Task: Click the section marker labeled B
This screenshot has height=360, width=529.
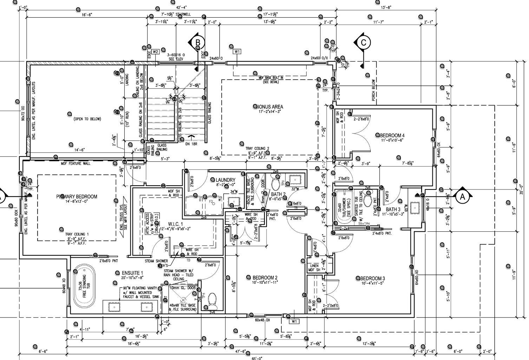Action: click(x=197, y=43)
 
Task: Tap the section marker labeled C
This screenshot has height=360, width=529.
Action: click(x=364, y=43)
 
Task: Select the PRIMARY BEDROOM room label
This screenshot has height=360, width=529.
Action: click(x=77, y=197)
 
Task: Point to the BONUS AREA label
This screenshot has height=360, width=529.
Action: click(x=269, y=107)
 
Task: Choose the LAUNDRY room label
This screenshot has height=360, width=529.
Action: click(x=225, y=180)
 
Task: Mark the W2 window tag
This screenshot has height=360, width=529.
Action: click(x=156, y=52)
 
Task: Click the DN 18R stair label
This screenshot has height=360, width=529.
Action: click(x=191, y=143)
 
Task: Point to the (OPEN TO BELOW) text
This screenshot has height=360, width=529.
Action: click(x=87, y=119)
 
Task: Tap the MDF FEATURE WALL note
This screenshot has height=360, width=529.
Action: click(x=76, y=163)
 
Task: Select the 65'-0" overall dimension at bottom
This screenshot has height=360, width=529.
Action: click(x=257, y=358)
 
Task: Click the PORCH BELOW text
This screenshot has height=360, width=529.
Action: click(x=373, y=90)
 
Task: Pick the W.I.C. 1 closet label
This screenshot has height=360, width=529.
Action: click(x=176, y=224)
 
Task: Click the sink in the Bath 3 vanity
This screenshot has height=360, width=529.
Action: click(x=415, y=208)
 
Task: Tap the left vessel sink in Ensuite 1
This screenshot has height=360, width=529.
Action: click(x=114, y=307)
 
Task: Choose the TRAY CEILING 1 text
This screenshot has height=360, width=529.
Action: click(x=77, y=234)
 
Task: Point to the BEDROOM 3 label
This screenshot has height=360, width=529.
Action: click(x=372, y=278)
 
